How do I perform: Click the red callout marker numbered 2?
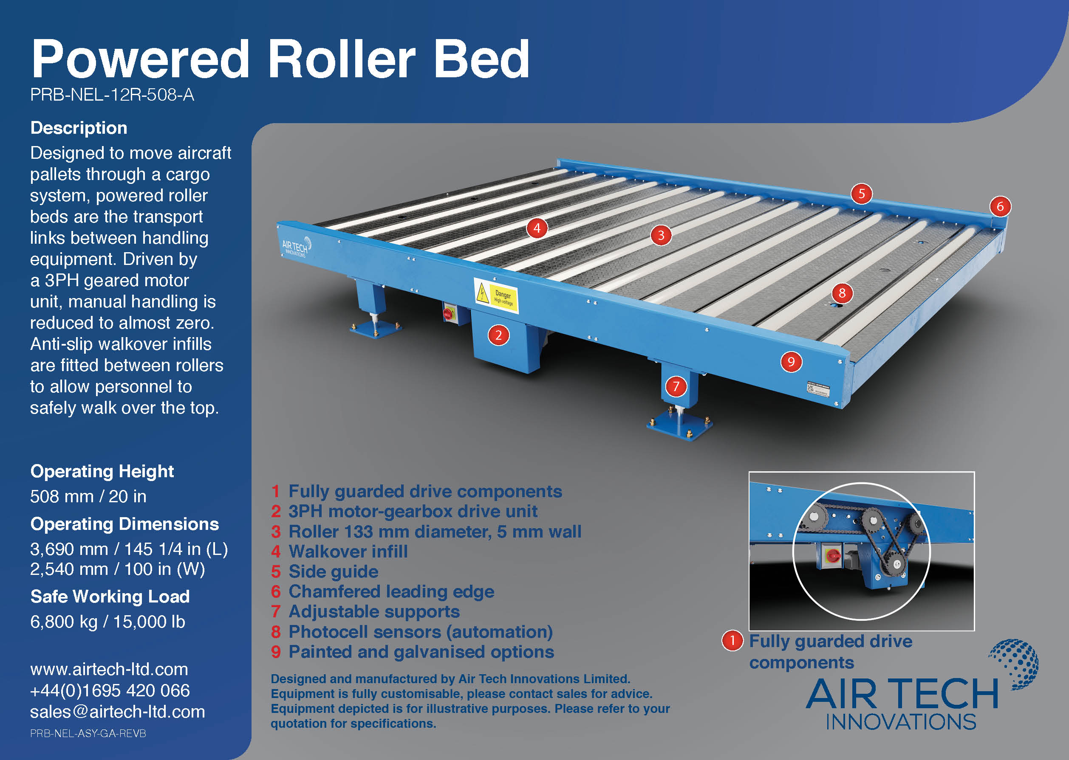click(x=498, y=335)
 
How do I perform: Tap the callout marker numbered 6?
click(x=1000, y=206)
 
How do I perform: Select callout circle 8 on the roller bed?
click(x=842, y=293)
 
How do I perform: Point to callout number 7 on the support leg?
click(x=676, y=386)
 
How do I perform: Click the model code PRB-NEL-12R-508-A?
click(x=112, y=95)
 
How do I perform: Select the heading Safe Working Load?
click(x=110, y=596)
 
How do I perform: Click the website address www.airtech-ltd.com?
click(x=109, y=669)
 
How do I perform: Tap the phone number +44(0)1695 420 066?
click(x=110, y=690)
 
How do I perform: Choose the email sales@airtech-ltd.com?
click(x=118, y=712)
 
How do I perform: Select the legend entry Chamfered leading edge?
click(x=391, y=591)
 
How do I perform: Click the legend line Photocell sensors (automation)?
click(x=420, y=632)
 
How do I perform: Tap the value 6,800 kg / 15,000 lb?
click(x=107, y=622)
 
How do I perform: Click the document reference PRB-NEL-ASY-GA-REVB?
click(x=88, y=733)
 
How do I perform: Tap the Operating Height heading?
click(x=102, y=471)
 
